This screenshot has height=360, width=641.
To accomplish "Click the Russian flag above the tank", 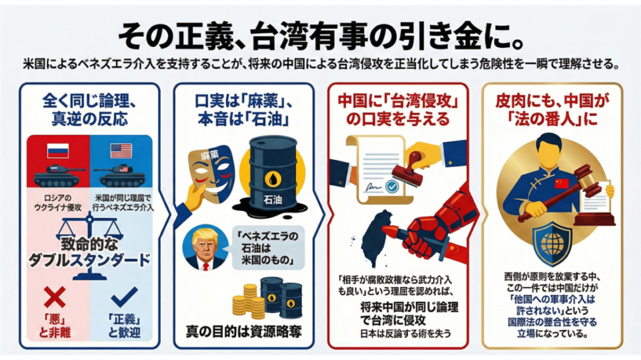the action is (x=58, y=150).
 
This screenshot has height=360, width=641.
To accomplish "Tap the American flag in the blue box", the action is (x=121, y=150).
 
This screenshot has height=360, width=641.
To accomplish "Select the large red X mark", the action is (x=55, y=297).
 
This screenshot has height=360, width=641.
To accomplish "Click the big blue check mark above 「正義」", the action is (x=125, y=297).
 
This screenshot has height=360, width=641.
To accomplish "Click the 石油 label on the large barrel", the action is (x=273, y=200).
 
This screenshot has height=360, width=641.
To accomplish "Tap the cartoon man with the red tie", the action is (x=205, y=247).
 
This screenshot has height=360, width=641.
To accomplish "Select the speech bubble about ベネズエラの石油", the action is (x=268, y=248).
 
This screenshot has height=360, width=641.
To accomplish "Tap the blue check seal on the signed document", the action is (x=392, y=187).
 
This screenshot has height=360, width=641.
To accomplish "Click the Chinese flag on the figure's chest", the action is (x=562, y=183).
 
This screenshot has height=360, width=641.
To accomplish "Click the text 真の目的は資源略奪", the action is (x=244, y=331).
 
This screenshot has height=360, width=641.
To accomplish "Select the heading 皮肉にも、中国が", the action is (x=552, y=101).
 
